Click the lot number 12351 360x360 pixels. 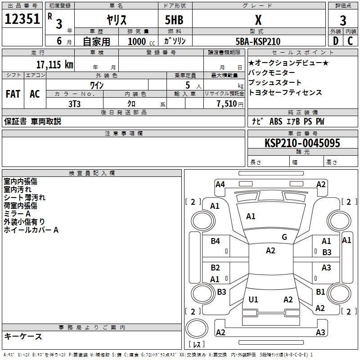(22, 19)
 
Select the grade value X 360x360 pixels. (258, 20)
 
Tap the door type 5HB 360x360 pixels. (174, 20)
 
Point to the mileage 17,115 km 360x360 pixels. (54, 64)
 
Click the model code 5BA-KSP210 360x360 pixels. (258, 41)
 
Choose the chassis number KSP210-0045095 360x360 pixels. (302, 143)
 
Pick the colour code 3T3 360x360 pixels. (74, 104)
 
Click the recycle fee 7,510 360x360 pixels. (227, 104)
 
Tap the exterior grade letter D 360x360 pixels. (336, 41)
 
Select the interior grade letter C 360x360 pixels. (350, 41)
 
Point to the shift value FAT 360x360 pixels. (13, 94)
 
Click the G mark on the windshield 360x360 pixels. (284, 237)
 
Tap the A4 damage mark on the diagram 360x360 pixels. (220, 184)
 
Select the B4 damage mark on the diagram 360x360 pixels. (215, 241)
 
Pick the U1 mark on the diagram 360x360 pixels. (253, 299)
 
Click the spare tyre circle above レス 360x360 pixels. (197, 328)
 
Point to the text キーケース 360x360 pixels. (23, 336)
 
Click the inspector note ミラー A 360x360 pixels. (17, 214)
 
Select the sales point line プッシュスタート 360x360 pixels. (274, 82)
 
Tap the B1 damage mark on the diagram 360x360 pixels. (320, 292)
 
